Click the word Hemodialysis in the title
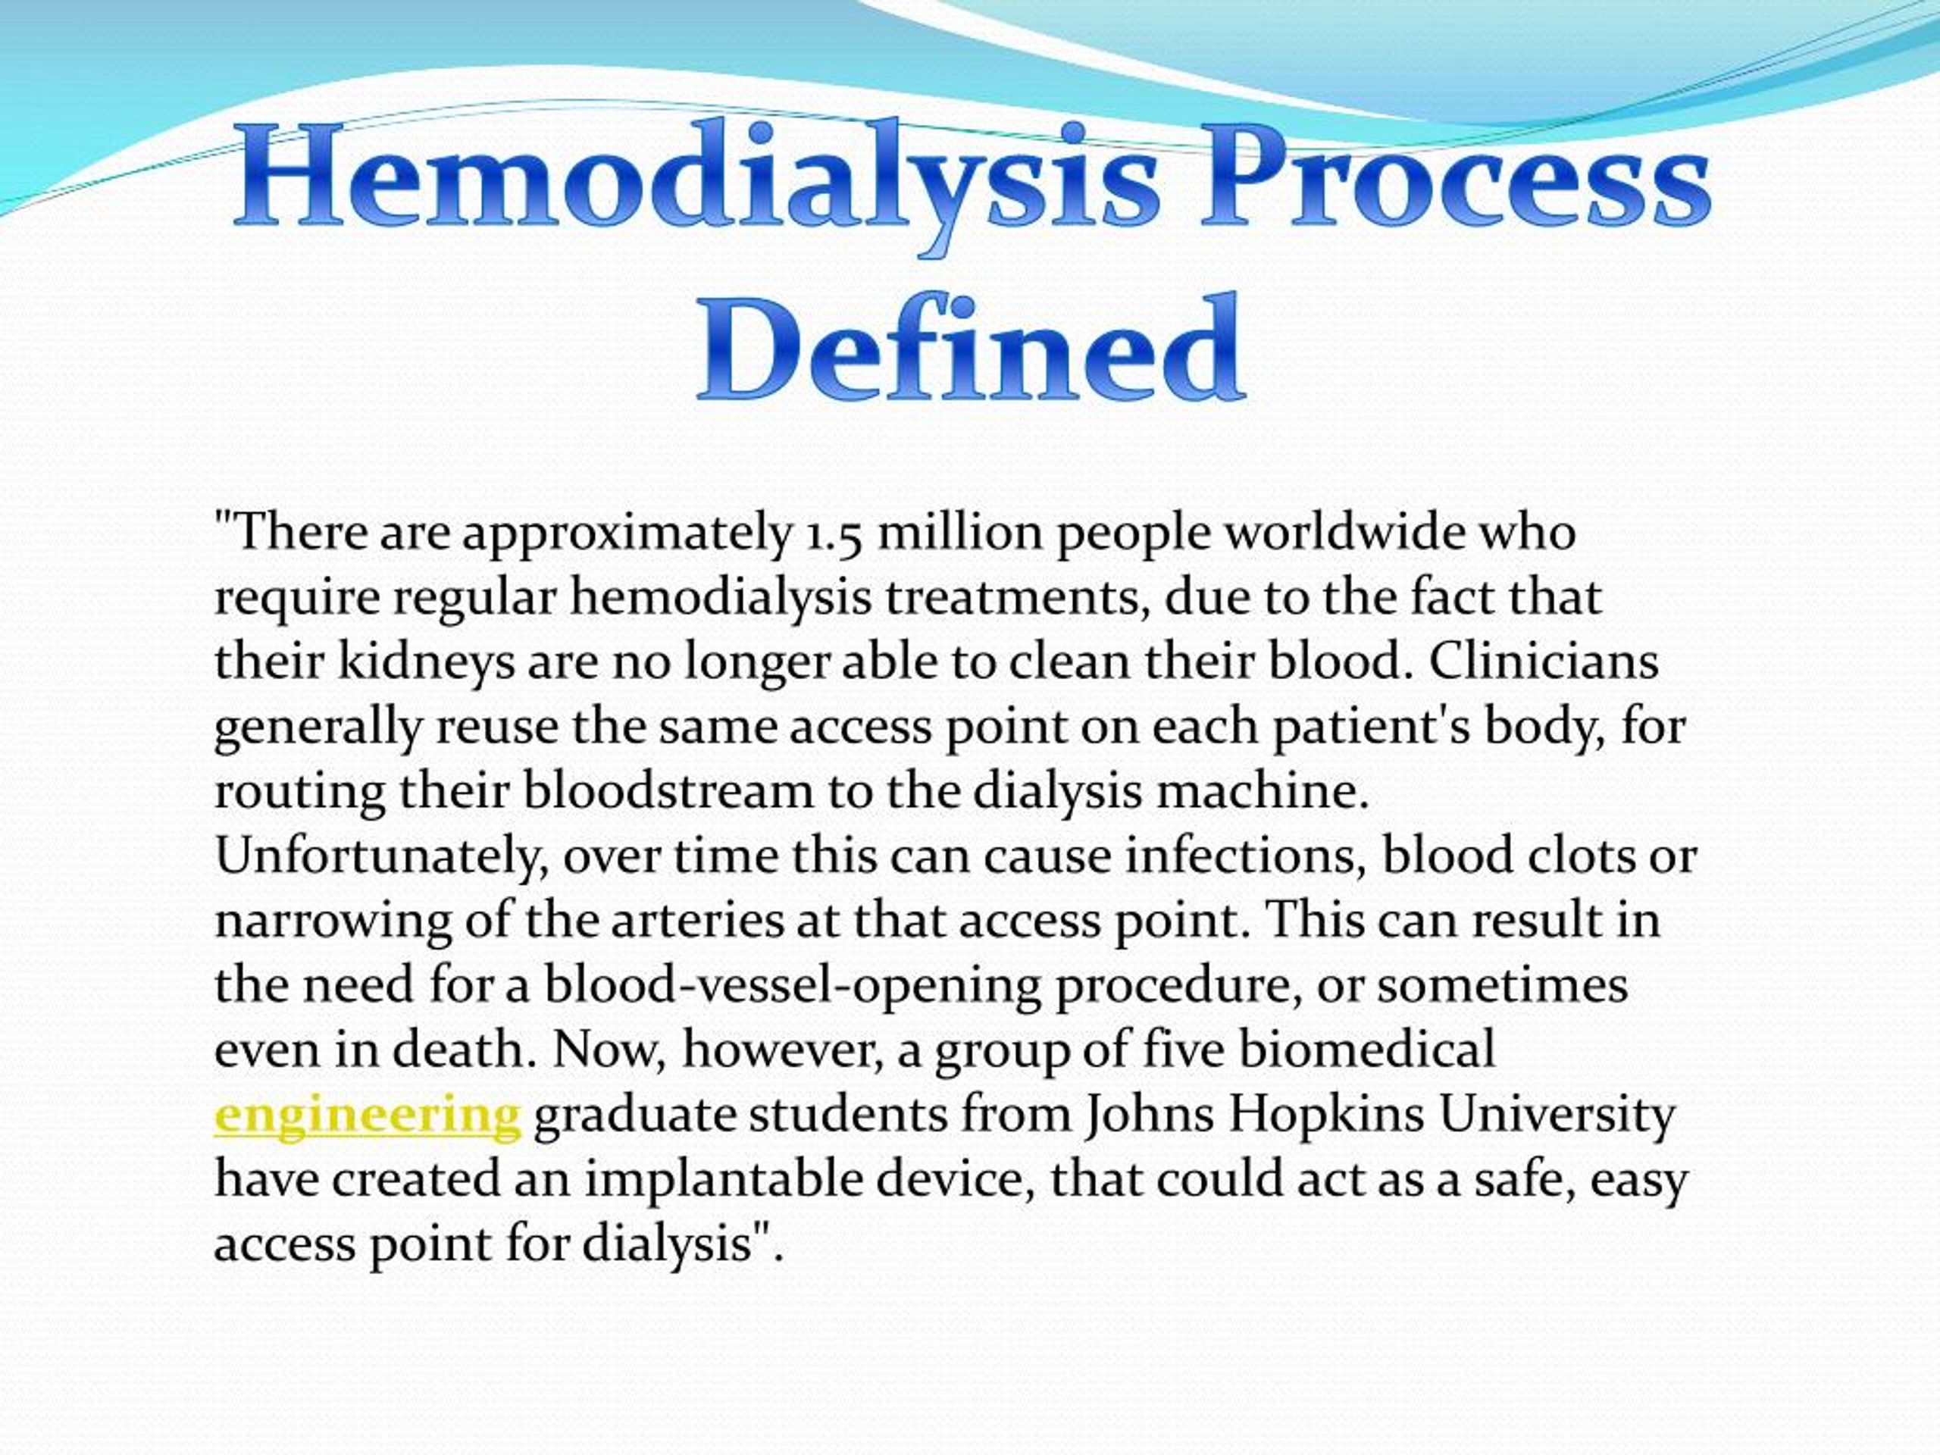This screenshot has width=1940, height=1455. pos(697,180)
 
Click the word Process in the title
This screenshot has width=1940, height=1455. pos(1456,180)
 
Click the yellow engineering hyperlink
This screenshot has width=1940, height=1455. pos(368,1115)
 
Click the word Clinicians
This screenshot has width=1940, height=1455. pos(1544,662)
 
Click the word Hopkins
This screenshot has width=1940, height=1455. pos(1325,1115)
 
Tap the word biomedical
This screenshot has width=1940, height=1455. pos(1367,1050)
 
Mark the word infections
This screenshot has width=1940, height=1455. pos(1247,856)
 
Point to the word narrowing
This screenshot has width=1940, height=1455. pos(333,921)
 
